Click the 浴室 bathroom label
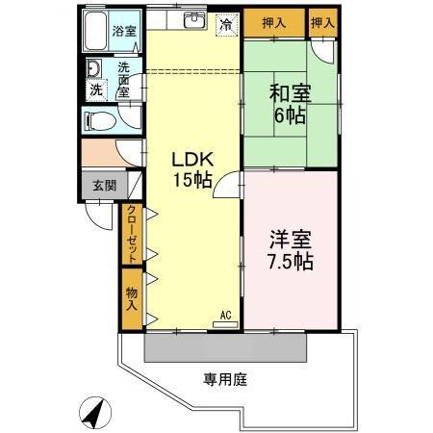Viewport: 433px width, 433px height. click(124, 30)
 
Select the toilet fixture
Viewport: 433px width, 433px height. click(97, 121)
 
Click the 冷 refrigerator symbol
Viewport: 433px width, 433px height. click(224, 24)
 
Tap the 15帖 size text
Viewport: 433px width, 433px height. click(192, 180)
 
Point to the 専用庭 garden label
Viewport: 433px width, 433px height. click(224, 378)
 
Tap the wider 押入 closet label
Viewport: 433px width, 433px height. click(273, 21)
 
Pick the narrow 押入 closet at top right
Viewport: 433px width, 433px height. click(323, 21)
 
